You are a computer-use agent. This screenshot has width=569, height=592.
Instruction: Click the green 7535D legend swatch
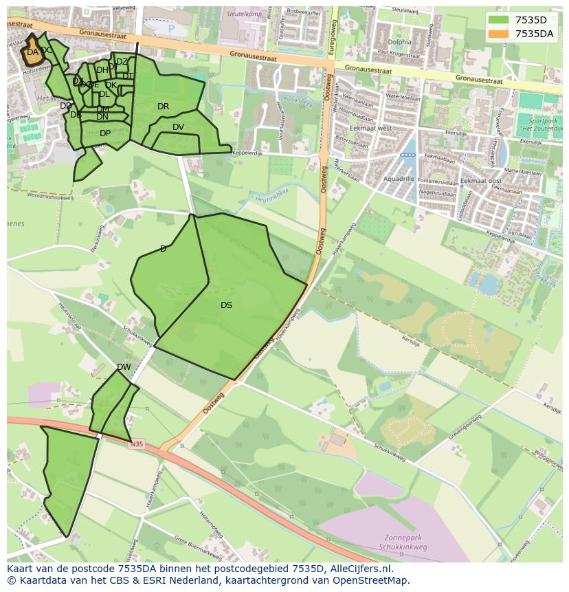pyautogui.click(x=500, y=20)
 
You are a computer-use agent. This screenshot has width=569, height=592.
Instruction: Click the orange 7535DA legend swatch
pyautogui.click(x=500, y=33)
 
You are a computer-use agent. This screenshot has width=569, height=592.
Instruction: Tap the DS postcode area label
pyautogui.click(x=226, y=305)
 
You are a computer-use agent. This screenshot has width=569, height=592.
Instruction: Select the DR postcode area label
pyautogui.click(x=163, y=107)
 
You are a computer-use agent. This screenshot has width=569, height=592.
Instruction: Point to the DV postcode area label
pyautogui.click(x=178, y=127)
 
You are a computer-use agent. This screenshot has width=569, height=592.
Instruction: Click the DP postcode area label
pyautogui.click(x=105, y=133)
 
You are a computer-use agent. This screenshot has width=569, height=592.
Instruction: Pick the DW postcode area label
pyautogui.click(x=124, y=367)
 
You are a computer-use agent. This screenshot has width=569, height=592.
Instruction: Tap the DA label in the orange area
pyautogui.click(x=32, y=52)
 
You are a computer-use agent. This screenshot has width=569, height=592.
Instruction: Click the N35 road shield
pyautogui.click(x=137, y=445)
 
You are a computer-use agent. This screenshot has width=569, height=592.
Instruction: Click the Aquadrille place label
pyautogui.click(x=399, y=178)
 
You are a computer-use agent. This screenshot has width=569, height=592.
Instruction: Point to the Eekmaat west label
pyautogui.click(x=370, y=129)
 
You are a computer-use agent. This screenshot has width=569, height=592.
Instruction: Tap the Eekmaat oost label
pyautogui.click(x=482, y=181)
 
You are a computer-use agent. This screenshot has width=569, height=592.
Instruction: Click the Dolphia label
pyautogui.click(x=399, y=42)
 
